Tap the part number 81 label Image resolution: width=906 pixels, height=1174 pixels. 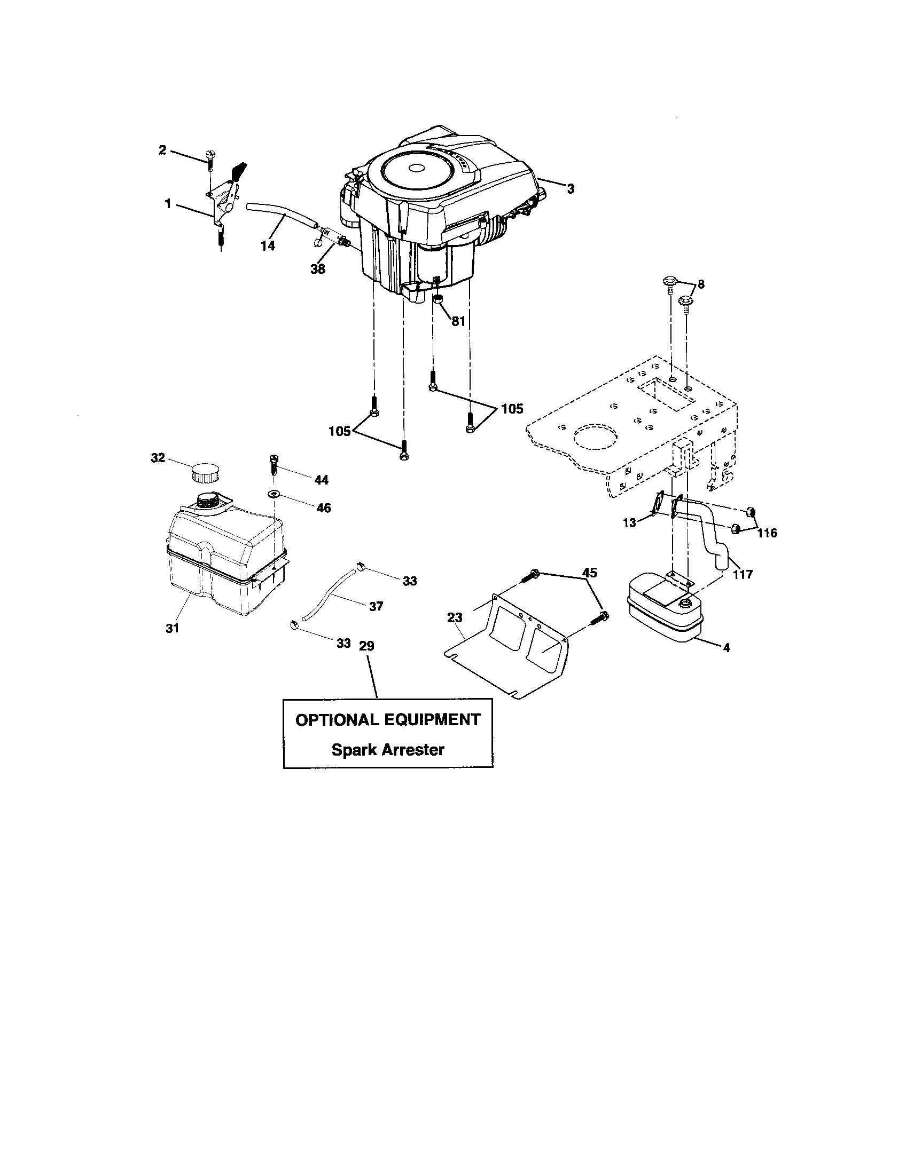pyautogui.click(x=458, y=322)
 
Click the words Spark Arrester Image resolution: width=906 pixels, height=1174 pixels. pyautogui.click(x=387, y=749)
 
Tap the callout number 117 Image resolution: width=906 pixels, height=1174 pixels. pyautogui.click(x=743, y=574)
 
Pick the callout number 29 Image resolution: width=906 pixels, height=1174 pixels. pyautogui.click(x=366, y=646)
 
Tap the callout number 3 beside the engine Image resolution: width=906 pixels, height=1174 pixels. pyautogui.click(x=571, y=189)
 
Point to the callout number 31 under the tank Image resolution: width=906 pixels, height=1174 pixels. pyautogui.click(x=172, y=628)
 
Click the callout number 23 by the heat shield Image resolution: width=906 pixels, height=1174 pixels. pyautogui.click(x=455, y=618)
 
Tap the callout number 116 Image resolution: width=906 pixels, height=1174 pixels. pyautogui.click(x=767, y=533)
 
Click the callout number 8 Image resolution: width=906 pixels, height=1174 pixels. pyautogui.click(x=701, y=284)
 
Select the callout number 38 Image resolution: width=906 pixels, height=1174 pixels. pyautogui.click(x=318, y=269)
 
